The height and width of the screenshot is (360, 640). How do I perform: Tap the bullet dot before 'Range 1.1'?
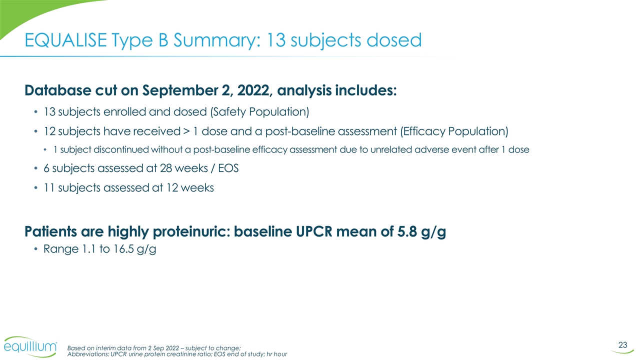click(35, 249)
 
